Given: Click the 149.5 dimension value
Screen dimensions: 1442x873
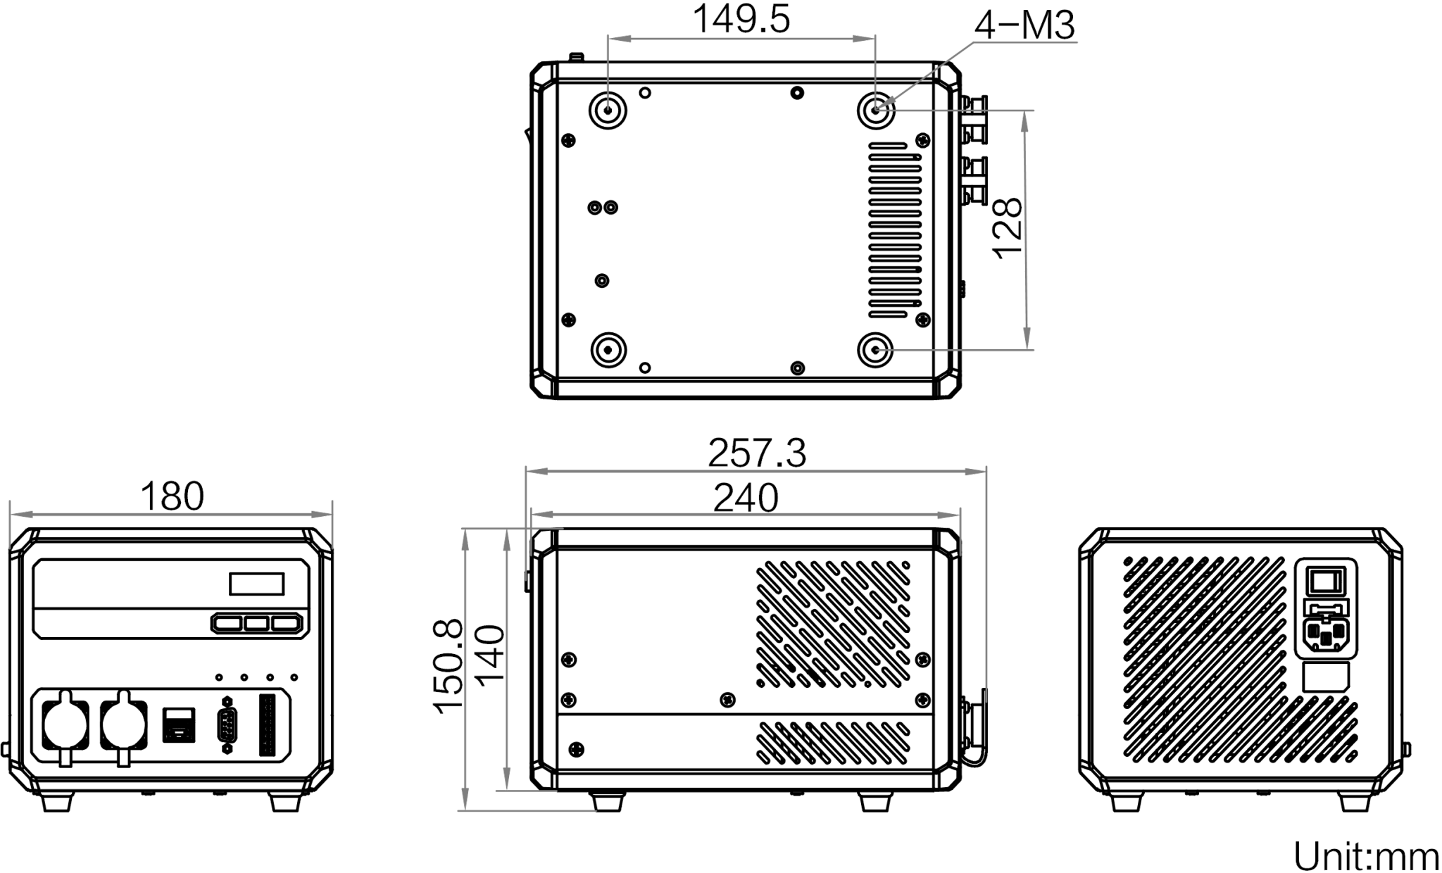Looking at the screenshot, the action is point(741,19).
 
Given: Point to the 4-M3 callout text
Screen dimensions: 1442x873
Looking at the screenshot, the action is point(1024,25).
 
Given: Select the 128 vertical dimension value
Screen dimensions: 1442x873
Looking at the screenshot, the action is point(1008,229).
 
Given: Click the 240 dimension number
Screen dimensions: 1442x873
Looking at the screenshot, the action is point(746,498).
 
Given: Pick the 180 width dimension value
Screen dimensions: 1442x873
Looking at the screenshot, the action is point(173,496).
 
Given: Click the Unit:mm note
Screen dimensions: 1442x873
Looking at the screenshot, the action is point(1366,857).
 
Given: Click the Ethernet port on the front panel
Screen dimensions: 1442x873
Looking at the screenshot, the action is point(179,724).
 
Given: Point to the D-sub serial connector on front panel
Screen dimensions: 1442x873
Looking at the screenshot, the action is point(227,725).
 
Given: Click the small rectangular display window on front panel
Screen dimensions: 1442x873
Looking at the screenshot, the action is point(256,584).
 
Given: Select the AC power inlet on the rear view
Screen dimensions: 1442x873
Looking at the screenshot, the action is point(1327,636).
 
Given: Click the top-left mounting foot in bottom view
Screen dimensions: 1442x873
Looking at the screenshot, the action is point(608,110).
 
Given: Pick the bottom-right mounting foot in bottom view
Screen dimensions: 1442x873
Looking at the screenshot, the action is point(876,350).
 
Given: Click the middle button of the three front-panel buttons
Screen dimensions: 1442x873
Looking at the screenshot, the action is point(257,623).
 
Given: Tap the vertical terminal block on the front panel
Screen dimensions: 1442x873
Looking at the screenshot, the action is point(268,725).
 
